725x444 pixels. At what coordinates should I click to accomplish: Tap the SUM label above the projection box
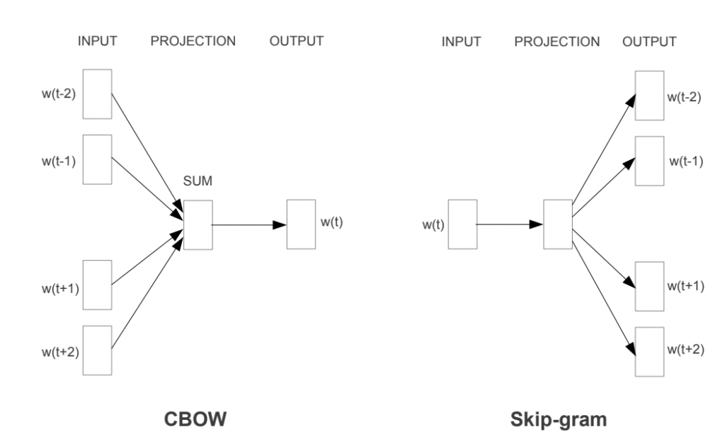point(198,183)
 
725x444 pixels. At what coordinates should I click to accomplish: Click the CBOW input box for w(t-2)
point(97,93)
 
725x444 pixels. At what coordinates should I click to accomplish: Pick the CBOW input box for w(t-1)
point(97,159)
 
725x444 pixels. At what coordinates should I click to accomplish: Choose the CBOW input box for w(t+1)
point(97,285)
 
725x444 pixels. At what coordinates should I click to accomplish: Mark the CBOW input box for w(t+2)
point(97,350)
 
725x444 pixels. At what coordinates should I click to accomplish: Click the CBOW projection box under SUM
point(198,224)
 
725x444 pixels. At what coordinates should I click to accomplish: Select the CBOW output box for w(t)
point(300,224)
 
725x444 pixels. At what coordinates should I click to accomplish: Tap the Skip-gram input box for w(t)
point(462,224)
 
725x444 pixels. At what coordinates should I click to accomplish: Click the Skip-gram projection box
point(557,224)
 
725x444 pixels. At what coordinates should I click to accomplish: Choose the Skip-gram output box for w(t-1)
point(649,161)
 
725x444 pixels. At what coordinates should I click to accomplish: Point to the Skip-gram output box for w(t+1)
point(649,286)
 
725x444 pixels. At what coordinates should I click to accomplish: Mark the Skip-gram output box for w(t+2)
point(649,351)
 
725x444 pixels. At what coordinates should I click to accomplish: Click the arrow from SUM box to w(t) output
point(249,224)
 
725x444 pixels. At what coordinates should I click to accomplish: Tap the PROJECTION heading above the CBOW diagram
point(193,41)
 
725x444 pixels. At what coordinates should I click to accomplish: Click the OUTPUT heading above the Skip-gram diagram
point(649,41)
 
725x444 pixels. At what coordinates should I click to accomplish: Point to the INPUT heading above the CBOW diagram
point(97,41)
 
